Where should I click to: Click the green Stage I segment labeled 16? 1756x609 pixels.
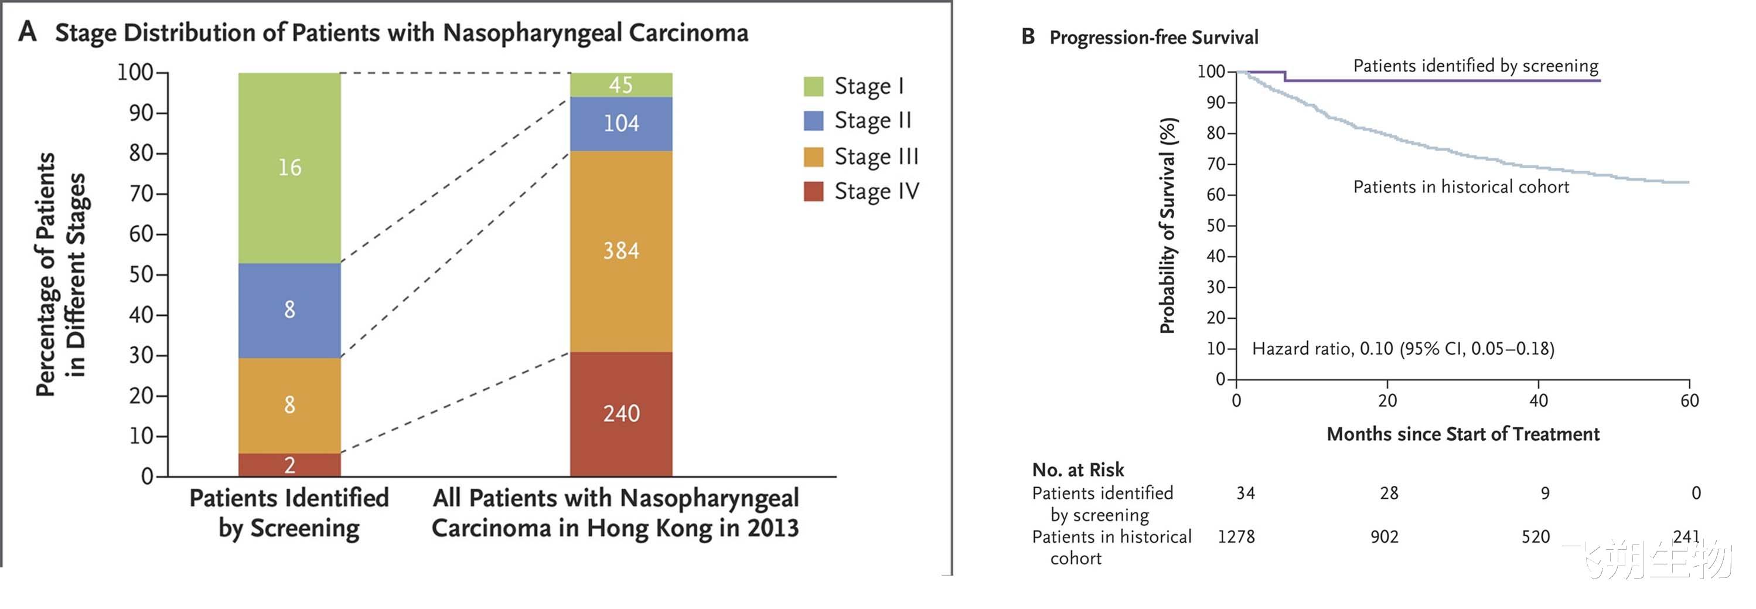pos(289,168)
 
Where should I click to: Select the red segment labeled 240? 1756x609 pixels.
pos(621,413)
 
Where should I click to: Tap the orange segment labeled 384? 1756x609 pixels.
pos(621,251)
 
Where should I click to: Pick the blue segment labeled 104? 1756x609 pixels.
pos(621,124)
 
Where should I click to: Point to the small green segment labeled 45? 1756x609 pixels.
pos(621,84)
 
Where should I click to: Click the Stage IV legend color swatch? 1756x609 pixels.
pos(813,192)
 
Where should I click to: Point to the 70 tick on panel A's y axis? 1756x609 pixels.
pos(142,193)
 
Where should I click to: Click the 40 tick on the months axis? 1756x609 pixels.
pos(1538,400)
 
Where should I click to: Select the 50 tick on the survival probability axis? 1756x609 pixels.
pos(1216,226)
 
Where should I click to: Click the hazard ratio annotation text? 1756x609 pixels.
pos(1403,349)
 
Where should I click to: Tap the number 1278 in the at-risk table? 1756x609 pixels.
pos(1236,537)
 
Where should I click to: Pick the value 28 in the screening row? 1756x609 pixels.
pos(1389,493)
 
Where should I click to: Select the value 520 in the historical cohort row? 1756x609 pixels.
pos(1535,537)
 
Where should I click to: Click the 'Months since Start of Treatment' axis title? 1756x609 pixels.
pos(1462,434)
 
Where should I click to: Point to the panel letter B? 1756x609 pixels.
pos(1028,37)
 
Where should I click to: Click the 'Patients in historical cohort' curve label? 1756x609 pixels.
pos(1461,187)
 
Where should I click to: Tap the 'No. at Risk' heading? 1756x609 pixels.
pos(1078,470)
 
